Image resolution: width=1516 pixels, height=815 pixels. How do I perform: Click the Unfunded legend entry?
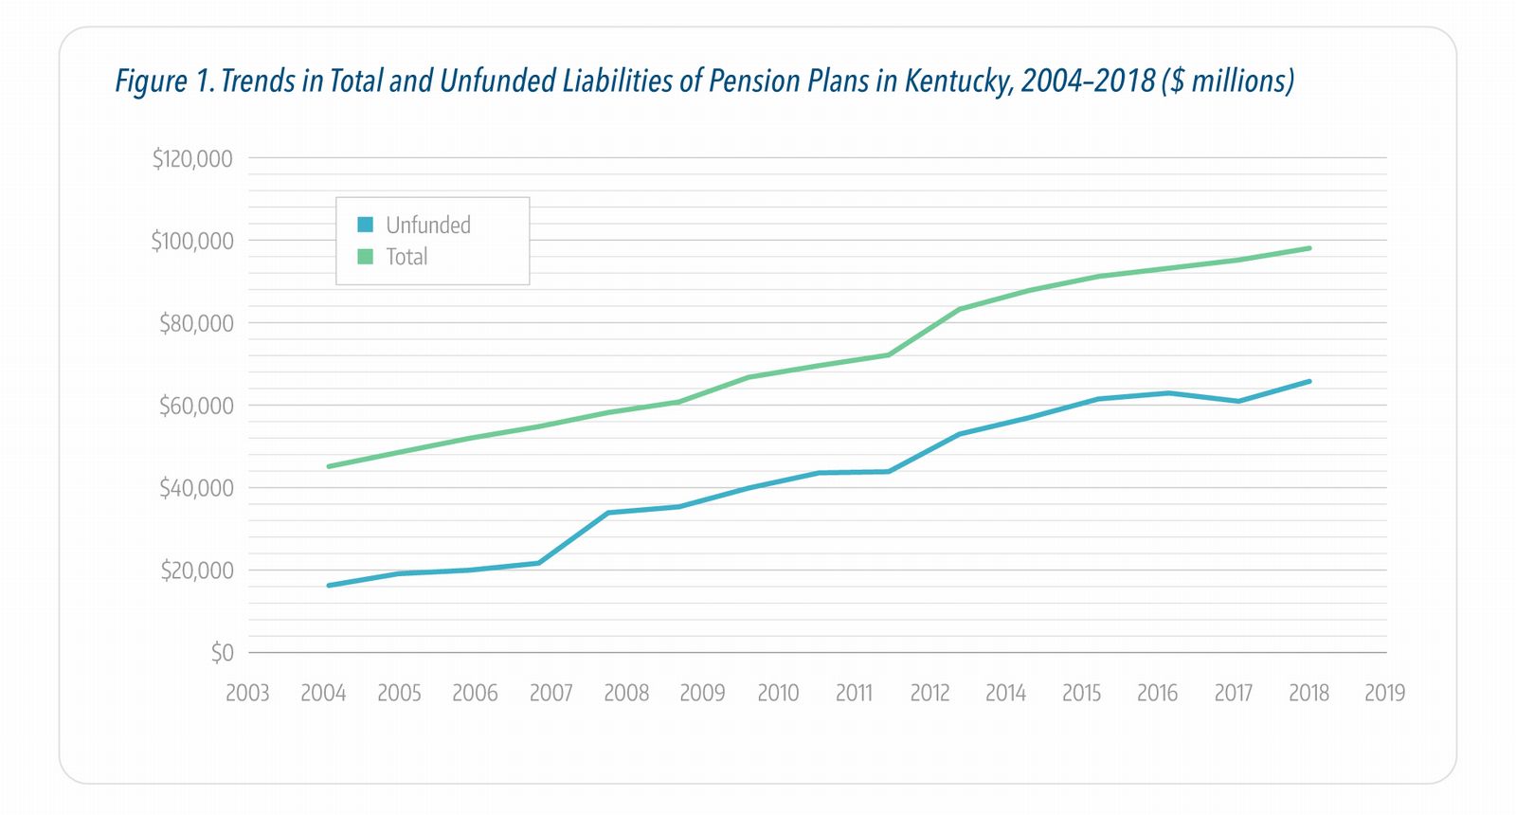click(427, 226)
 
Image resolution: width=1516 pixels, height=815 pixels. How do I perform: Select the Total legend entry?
click(406, 257)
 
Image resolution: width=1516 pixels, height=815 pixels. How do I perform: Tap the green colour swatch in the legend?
click(366, 257)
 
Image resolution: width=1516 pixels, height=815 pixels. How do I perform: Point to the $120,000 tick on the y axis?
click(192, 158)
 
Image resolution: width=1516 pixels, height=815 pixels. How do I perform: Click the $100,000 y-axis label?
click(191, 241)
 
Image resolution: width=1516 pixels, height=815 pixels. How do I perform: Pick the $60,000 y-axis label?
click(196, 406)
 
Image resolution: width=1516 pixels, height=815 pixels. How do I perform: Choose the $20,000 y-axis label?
click(196, 570)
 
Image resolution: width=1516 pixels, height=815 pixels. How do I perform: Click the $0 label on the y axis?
click(222, 653)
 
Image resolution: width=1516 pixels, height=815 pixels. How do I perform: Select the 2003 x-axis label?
click(247, 694)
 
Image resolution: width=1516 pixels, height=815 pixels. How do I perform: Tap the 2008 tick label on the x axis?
click(626, 694)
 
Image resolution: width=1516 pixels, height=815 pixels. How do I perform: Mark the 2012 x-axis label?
click(929, 694)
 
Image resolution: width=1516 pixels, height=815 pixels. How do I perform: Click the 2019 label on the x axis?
click(1384, 694)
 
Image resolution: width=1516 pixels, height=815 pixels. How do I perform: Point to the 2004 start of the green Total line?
click(328, 466)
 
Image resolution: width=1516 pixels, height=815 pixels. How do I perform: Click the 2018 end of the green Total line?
click(1309, 248)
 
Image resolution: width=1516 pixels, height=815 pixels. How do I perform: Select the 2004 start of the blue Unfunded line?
click(328, 586)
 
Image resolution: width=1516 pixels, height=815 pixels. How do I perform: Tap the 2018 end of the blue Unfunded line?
click(1309, 381)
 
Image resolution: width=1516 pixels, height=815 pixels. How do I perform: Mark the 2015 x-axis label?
click(1081, 694)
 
